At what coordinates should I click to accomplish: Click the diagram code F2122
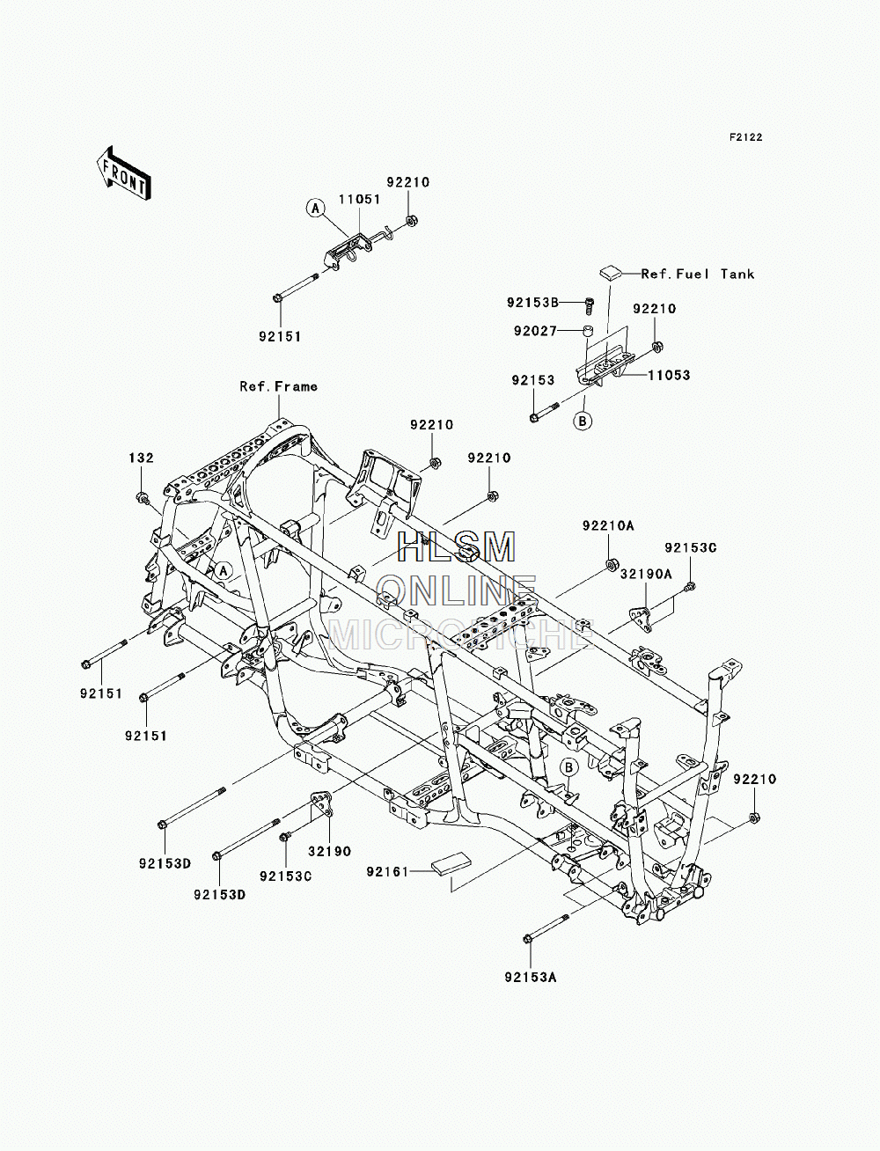pyautogui.click(x=745, y=137)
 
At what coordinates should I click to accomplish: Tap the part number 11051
pyautogui.click(x=359, y=199)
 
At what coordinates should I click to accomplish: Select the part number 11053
pyautogui.click(x=669, y=375)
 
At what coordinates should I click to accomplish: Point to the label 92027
pyautogui.click(x=535, y=331)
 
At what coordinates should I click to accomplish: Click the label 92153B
pyautogui.click(x=532, y=303)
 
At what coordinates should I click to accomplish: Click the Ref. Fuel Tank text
pyautogui.click(x=698, y=274)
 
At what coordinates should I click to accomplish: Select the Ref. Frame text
pyautogui.click(x=278, y=386)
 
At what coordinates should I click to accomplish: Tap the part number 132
pyautogui.click(x=141, y=458)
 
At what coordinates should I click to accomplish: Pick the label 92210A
pyautogui.click(x=608, y=525)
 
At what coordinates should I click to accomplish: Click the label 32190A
pyautogui.click(x=646, y=575)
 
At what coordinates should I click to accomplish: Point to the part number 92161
pyautogui.click(x=387, y=871)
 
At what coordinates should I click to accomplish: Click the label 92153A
pyautogui.click(x=531, y=978)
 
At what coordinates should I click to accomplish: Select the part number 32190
pyautogui.click(x=329, y=851)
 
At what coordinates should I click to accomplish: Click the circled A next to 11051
pyautogui.click(x=315, y=209)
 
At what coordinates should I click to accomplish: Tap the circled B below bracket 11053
pyautogui.click(x=583, y=421)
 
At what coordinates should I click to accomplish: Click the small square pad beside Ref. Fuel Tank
pyautogui.click(x=609, y=271)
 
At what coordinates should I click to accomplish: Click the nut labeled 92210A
pyautogui.click(x=611, y=565)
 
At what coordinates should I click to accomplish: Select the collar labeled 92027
pyautogui.click(x=587, y=332)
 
